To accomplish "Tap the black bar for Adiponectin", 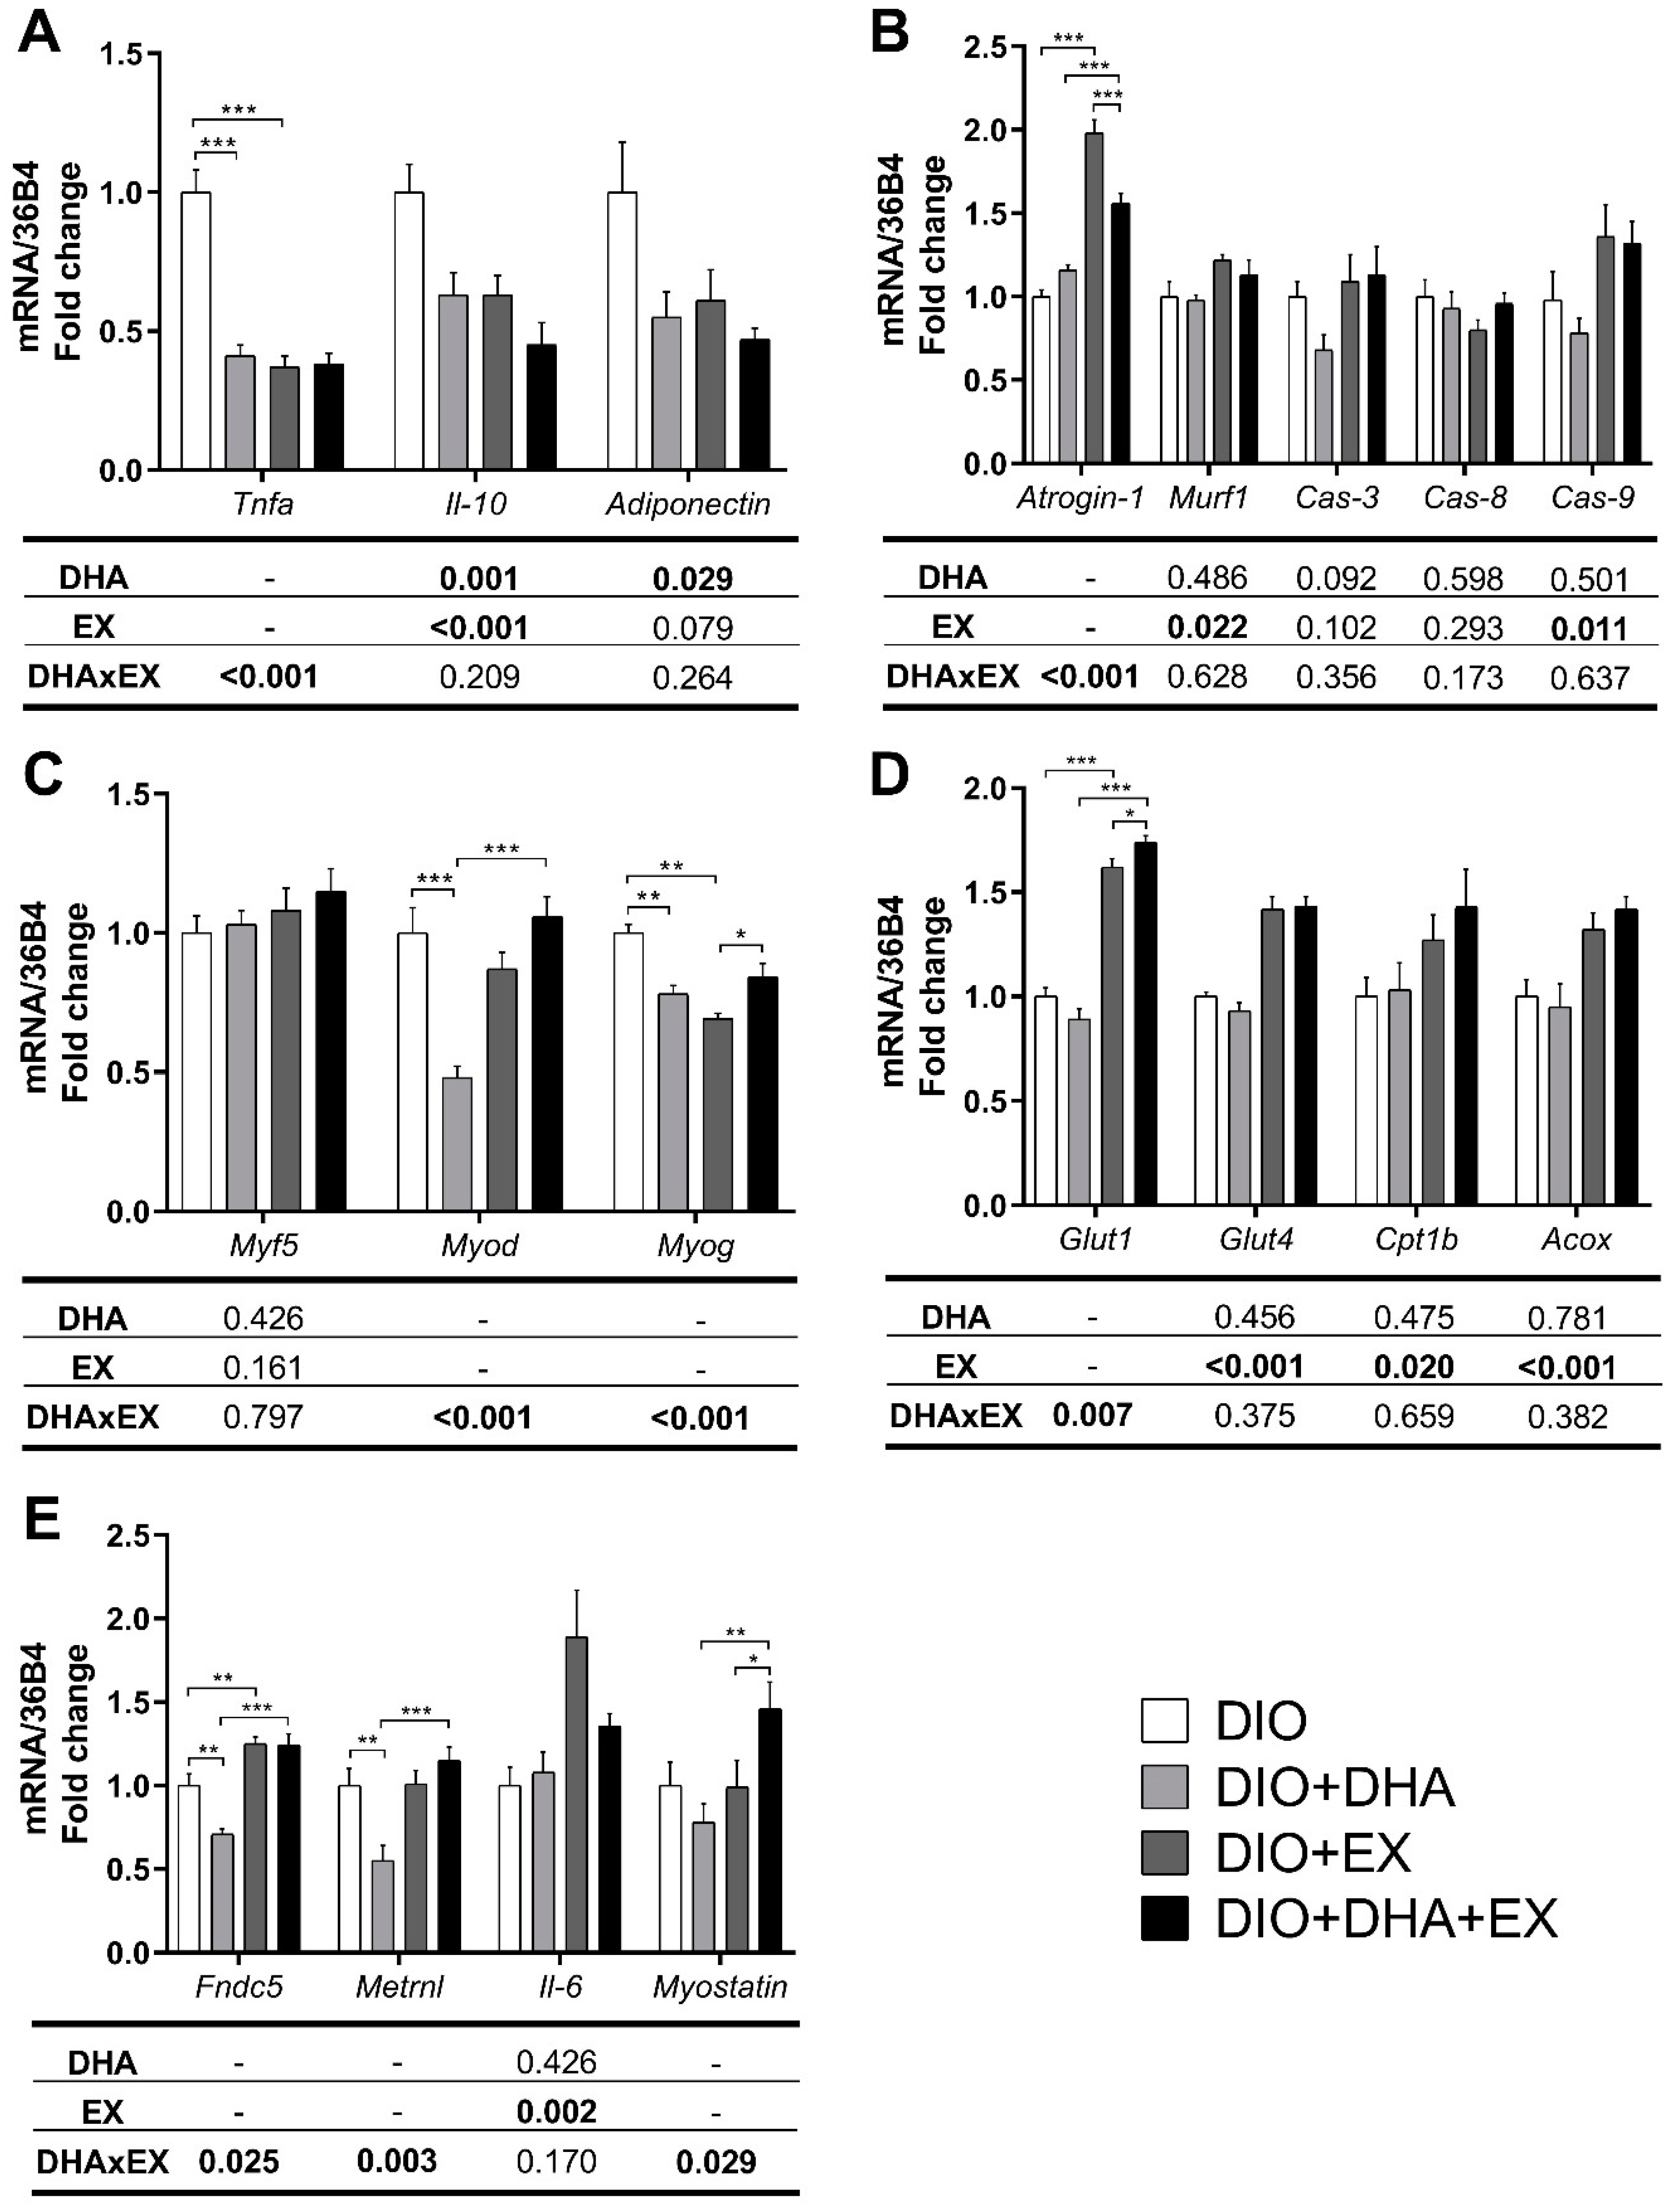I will click(x=754, y=404).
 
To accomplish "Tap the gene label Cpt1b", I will click(x=1415, y=1239).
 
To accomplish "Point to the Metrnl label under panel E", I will click(x=399, y=1986).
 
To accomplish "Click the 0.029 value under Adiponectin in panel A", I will click(x=692, y=579).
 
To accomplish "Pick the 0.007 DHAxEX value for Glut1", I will click(x=1091, y=1415).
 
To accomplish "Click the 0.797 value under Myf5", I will click(x=262, y=1417).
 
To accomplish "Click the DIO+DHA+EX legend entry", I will click(x=1385, y=1919).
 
